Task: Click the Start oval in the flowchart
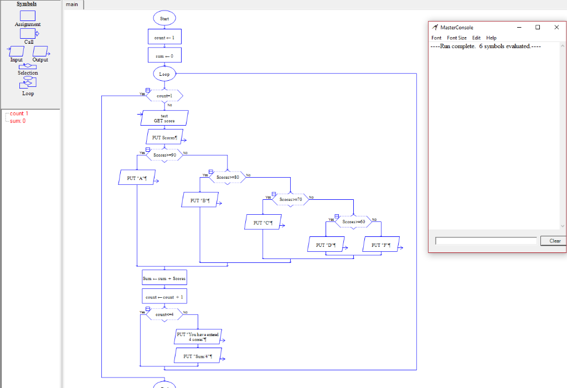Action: [x=164, y=18]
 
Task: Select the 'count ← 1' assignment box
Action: [x=164, y=37]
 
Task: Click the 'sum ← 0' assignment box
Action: [x=164, y=55]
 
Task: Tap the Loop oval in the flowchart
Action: [x=164, y=74]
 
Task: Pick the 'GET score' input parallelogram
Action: [x=164, y=118]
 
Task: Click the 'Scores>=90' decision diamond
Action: [x=164, y=156]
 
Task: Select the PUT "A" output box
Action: [x=136, y=178]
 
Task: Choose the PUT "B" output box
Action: [x=200, y=200]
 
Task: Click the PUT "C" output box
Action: [x=262, y=223]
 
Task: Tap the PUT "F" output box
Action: [x=381, y=244]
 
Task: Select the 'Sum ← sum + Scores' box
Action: [x=164, y=278]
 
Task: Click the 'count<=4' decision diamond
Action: [x=164, y=314]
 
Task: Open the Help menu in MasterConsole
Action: [x=491, y=38]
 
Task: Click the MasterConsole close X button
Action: [x=556, y=27]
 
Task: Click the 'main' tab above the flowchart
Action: [x=73, y=4]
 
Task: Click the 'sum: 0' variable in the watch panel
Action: [x=18, y=121]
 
